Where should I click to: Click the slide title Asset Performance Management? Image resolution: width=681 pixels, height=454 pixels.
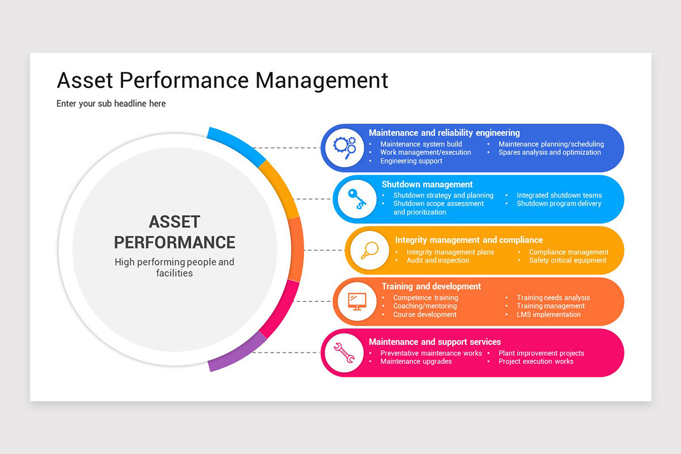pyautogui.click(x=222, y=80)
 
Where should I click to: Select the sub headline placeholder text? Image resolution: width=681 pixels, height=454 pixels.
pyautogui.click(x=111, y=104)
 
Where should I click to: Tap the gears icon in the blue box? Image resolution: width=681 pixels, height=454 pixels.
pyautogui.click(x=344, y=148)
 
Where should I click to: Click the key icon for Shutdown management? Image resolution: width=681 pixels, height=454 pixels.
pyautogui.click(x=356, y=199)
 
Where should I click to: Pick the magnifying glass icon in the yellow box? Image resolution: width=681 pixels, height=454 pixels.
pyautogui.click(x=368, y=250)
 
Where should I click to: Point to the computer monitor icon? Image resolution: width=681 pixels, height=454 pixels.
pyautogui.click(x=356, y=301)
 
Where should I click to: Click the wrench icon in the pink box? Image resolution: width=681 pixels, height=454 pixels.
pyautogui.click(x=344, y=352)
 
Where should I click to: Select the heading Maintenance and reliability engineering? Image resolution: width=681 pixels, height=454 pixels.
pyautogui.click(x=444, y=133)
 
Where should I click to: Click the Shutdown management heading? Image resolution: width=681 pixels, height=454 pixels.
pyautogui.click(x=427, y=184)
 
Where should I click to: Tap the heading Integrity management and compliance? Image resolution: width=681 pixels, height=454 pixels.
pyautogui.click(x=469, y=240)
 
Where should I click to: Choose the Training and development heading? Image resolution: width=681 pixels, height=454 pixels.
pyautogui.click(x=431, y=287)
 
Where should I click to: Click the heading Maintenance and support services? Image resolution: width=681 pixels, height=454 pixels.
pyautogui.click(x=435, y=342)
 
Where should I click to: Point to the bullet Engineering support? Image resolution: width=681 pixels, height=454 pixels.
pyautogui.click(x=411, y=161)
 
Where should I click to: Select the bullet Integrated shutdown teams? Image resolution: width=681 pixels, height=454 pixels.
pyautogui.click(x=559, y=195)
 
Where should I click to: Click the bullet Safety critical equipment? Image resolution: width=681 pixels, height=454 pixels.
pyautogui.click(x=567, y=260)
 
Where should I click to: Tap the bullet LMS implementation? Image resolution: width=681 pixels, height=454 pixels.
pyautogui.click(x=548, y=314)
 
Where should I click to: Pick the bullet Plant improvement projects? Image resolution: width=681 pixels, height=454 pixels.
pyautogui.click(x=541, y=353)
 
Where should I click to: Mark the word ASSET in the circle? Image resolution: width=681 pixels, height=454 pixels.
pyautogui.click(x=174, y=221)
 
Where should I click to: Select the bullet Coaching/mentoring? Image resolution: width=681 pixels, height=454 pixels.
pyautogui.click(x=424, y=306)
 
